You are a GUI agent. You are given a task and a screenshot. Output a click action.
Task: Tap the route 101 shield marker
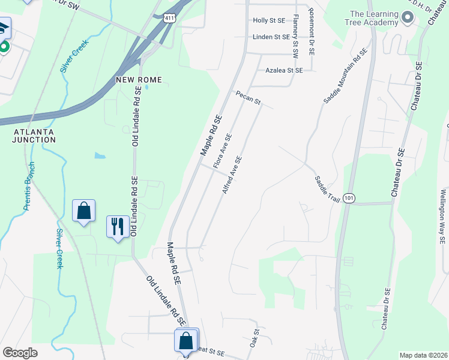coord(350,197)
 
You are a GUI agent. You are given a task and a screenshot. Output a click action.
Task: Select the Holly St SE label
coord(268,20)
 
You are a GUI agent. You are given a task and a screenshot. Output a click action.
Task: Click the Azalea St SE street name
coord(284,70)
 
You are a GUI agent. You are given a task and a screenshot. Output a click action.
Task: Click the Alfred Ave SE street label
coord(232,175)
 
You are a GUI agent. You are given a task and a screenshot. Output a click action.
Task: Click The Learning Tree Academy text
coord(374,18)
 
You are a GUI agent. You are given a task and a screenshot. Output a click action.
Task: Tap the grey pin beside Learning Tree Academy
coord(408,18)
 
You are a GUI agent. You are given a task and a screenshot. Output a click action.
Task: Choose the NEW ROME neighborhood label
coord(137,79)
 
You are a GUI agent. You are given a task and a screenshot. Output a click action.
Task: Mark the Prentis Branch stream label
coord(29,186)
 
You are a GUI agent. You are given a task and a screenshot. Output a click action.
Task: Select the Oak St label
coord(255,338)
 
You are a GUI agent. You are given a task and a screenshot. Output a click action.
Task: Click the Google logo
coord(20,353)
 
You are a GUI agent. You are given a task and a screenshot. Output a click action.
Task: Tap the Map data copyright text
coord(423,355)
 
